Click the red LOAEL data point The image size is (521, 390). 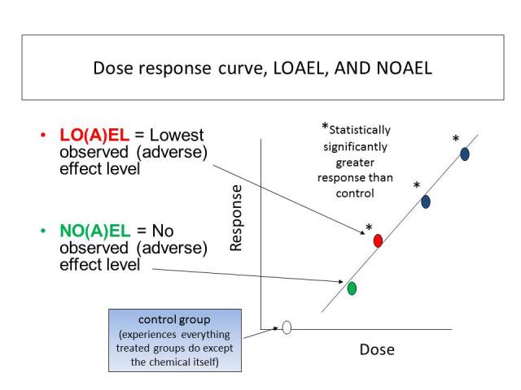pyautogui.click(x=378, y=240)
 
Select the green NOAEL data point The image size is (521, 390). pyautogui.click(x=352, y=288)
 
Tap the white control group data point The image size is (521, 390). pyautogui.click(x=287, y=327)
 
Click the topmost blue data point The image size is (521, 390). pyautogui.click(x=465, y=154)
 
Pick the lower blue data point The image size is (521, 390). pyautogui.click(x=425, y=201)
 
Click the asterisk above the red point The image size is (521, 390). pyautogui.click(x=369, y=228)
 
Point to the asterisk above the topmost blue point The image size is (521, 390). pyautogui.click(x=456, y=140)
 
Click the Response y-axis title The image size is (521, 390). pyautogui.click(x=236, y=218)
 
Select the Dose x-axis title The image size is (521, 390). pyautogui.click(x=377, y=350)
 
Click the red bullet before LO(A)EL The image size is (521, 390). pyautogui.click(x=42, y=135)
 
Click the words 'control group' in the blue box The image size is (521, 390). pyautogui.click(x=175, y=320)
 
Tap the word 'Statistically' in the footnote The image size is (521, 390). pyautogui.click(x=360, y=130)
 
